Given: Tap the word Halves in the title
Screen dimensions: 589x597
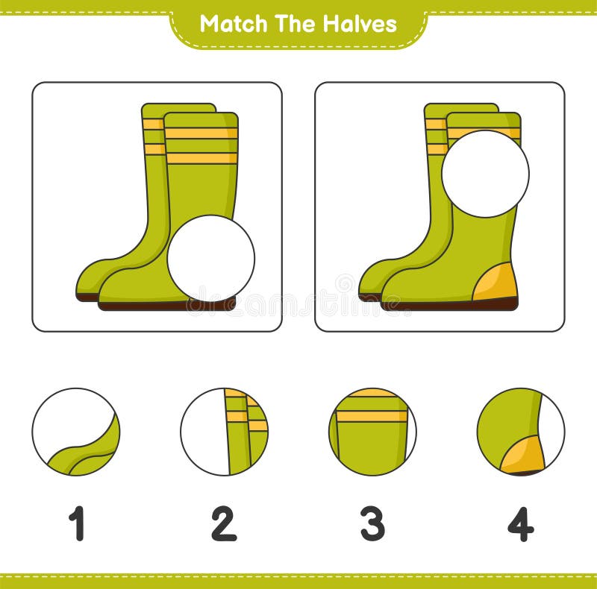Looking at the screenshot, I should point(359,24).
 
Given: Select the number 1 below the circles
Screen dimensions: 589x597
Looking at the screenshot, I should point(76,523).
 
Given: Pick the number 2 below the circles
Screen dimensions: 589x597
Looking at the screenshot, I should point(223,523).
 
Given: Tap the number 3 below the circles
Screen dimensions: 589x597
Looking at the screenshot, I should point(372,523).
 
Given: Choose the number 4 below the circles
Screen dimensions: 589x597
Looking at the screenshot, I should point(520,523).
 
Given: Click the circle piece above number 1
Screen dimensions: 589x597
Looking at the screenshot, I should point(75,432).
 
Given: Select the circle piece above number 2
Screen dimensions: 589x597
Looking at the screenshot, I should point(224,432).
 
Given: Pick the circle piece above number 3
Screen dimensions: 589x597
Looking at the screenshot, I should point(372,432).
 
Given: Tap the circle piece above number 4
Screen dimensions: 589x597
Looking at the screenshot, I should point(521,432).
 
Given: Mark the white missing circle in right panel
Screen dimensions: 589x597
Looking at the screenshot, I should point(485,174).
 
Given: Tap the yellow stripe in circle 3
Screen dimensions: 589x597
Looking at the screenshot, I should point(372,416).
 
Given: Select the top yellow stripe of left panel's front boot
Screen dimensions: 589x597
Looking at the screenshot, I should point(201,133).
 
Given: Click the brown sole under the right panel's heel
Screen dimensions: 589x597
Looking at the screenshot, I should point(493,303).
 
